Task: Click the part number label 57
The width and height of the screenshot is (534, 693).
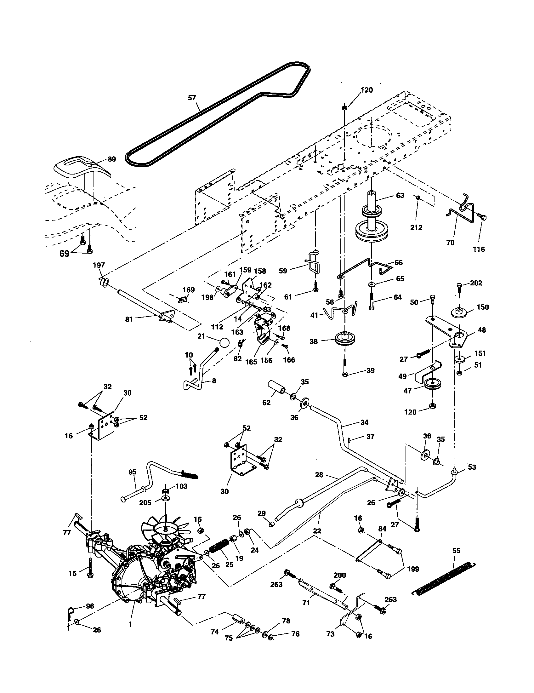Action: click(x=192, y=98)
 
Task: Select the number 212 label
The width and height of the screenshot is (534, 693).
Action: click(x=416, y=227)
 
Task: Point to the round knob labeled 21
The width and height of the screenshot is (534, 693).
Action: click(x=224, y=344)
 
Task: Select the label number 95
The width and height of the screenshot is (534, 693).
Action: click(x=132, y=472)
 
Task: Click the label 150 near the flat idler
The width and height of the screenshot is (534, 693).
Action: click(x=483, y=307)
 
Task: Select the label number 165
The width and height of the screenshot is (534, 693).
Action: click(x=251, y=362)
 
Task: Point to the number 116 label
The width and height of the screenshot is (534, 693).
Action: click(x=479, y=249)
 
